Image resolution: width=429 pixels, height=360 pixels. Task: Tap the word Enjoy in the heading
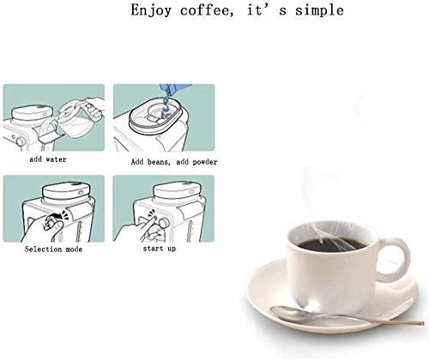click(151, 11)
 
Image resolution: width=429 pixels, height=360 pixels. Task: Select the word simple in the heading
click(319, 11)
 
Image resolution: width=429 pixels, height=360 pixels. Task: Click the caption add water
click(48, 159)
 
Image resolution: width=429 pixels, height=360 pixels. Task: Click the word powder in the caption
click(205, 162)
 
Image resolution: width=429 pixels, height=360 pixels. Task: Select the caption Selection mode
click(53, 249)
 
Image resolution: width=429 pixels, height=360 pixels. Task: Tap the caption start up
click(159, 249)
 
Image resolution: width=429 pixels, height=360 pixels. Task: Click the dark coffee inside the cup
click(331, 244)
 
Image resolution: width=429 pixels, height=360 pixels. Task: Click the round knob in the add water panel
click(21, 141)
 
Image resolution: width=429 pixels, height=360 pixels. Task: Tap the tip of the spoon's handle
click(423, 323)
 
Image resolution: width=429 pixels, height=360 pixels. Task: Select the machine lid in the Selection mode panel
click(66, 192)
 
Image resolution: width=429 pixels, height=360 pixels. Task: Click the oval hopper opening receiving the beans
click(156, 116)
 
